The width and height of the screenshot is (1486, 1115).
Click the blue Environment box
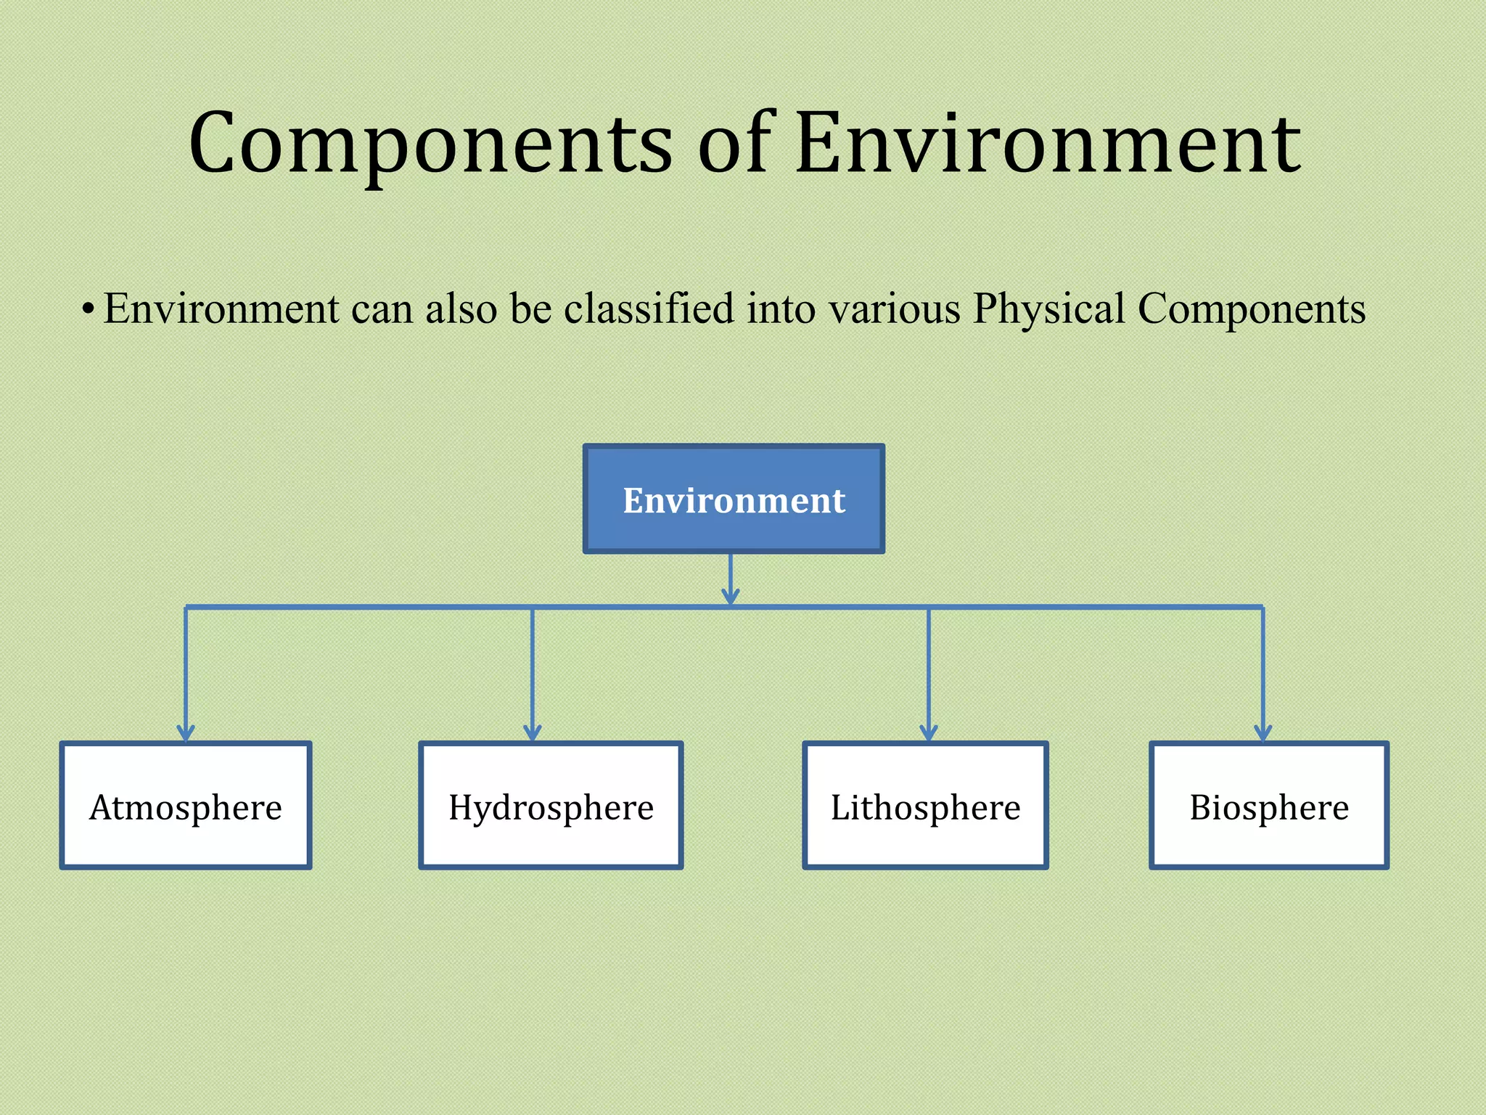point(734,499)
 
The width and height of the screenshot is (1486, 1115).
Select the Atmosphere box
point(186,806)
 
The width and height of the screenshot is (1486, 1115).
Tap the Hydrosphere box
point(551,806)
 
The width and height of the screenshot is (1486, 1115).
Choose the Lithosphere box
point(925,806)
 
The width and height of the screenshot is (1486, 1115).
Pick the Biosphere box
point(1269,806)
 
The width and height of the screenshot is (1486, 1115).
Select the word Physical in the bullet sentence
point(1048,309)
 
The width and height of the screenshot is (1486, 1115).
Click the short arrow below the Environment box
point(731,581)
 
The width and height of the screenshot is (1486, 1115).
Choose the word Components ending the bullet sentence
point(1252,309)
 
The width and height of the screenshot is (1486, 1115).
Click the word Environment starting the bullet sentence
point(221,308)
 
